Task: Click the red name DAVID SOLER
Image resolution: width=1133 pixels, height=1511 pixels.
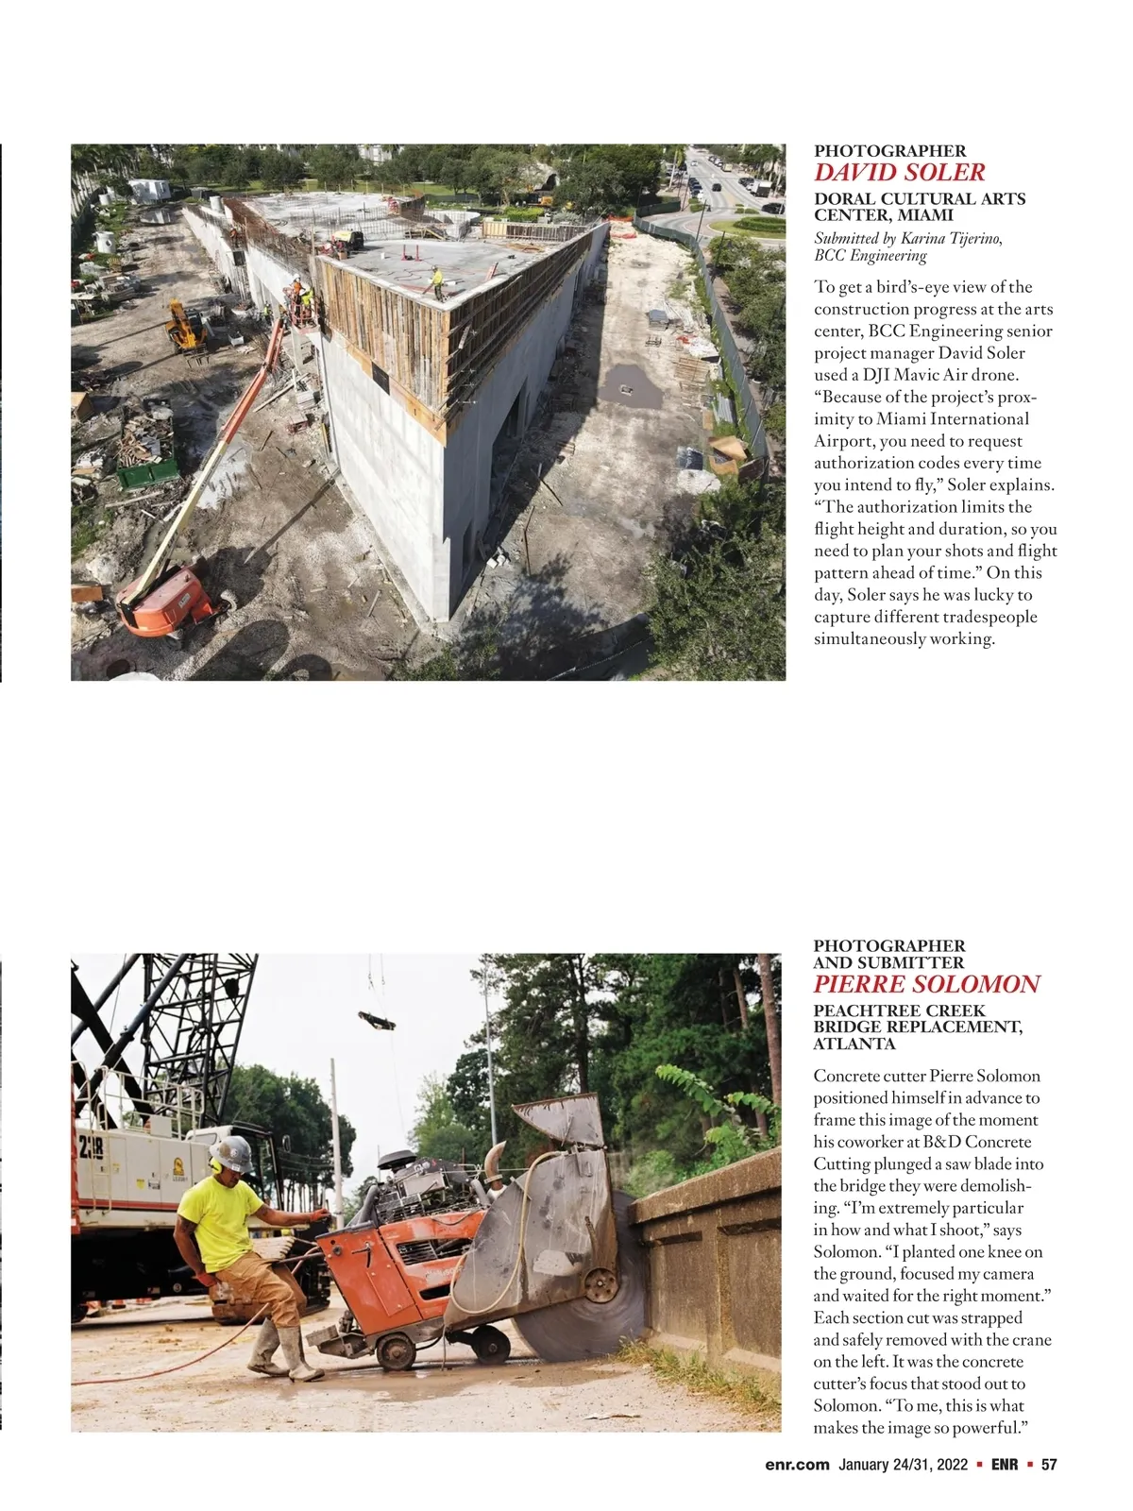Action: pyautogui.click(x=899, y=173)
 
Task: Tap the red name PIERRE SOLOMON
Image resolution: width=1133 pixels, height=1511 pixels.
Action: pyautogui.click(x=926, y=985)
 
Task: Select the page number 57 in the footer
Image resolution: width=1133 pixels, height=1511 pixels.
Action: pyautogui.click(x=1048, y=1465)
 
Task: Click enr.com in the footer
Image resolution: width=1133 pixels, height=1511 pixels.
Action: pyautogui.click(x=798, y=1465)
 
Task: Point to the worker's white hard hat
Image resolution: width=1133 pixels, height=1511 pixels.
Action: pyautogui.click(x=233, y=1152)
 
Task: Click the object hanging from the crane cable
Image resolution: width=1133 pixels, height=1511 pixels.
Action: pyautogui.click(x=376, y=1020)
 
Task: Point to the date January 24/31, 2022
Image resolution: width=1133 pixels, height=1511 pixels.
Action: pyautogui.click(x=904, y=1465)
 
